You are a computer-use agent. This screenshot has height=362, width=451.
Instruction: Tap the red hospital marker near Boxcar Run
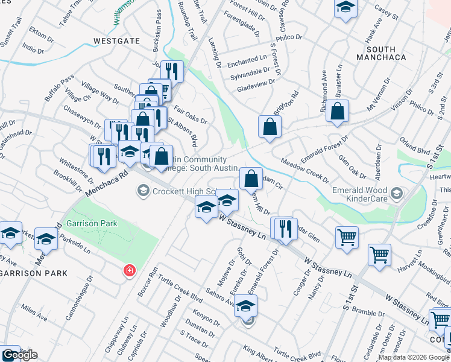pos(128,270)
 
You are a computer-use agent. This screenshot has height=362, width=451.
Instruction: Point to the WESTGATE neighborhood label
pos(117,41)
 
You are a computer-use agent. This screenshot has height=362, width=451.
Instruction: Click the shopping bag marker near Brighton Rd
pos(270,126)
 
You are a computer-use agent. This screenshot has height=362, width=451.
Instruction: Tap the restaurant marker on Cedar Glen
pos(284,228)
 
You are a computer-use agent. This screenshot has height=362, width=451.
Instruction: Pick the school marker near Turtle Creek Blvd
pos(245,306)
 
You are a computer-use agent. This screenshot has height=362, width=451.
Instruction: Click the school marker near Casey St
pos(345,8)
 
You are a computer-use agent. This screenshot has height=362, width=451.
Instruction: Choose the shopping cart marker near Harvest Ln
pos(379,255)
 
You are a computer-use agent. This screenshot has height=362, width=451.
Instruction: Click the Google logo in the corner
pos(20,355)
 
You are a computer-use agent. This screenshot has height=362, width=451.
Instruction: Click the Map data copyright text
pos(414,357)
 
